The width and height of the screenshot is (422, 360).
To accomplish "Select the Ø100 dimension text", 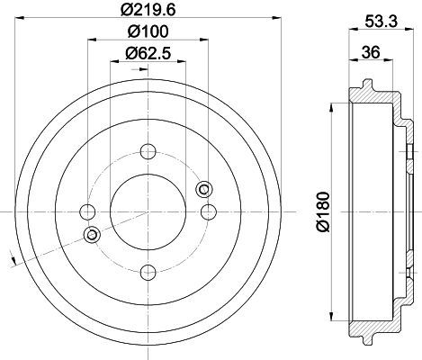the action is [148, 31].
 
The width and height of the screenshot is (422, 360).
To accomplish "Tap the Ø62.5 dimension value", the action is [148, 53].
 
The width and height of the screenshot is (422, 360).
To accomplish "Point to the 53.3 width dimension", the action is [381, 22].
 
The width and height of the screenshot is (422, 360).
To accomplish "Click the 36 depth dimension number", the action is [371, 52].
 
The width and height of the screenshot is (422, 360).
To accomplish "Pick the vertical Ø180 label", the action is [323, 212].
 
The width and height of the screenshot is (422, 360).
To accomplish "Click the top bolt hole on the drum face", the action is [148, 151].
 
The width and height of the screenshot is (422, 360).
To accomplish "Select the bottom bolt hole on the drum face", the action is [148, 273].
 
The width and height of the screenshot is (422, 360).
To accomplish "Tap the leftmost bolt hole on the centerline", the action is [87, 211].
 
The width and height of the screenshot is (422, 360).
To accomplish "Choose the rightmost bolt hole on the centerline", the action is [209, 211].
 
